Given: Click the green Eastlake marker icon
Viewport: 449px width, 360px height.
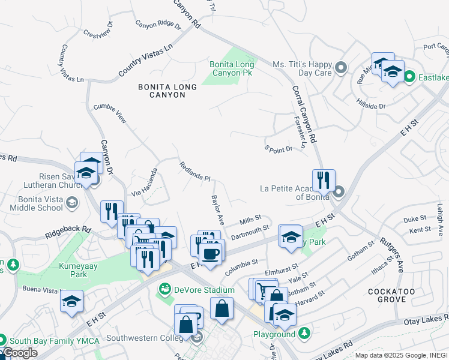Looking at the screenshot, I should click(x=409, y=76).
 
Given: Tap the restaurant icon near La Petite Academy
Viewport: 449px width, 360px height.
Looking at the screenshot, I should click(x=324, y=180).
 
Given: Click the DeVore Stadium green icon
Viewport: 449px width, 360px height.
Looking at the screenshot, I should click(x=164, y=290).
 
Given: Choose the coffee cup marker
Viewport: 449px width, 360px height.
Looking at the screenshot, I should click(x=211, y=253).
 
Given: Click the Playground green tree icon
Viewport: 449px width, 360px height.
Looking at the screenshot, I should click(x=305, y=332).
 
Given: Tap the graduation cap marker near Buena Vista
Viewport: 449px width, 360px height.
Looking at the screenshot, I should click(x=71, y=301).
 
